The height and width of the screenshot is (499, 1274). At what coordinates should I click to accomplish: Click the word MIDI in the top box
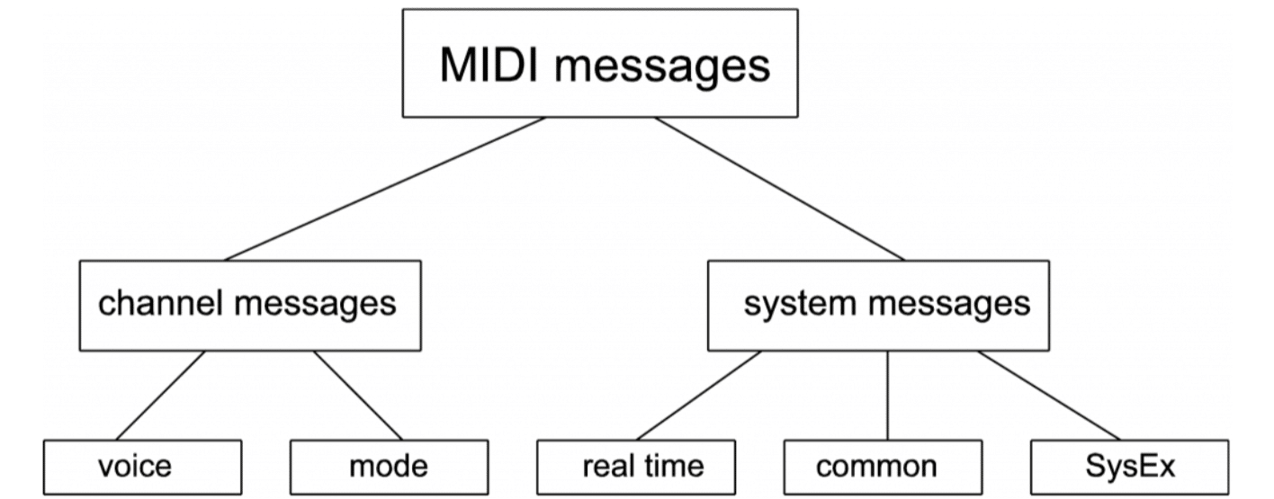489,65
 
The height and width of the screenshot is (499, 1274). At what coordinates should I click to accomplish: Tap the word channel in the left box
160,302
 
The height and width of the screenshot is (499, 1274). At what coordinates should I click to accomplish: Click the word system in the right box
800,306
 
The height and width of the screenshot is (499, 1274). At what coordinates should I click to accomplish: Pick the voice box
143,468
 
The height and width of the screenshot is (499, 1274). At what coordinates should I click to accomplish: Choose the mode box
389,468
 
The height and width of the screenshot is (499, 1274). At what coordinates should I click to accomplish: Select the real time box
636,468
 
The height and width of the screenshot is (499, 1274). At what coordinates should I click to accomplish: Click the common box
883,468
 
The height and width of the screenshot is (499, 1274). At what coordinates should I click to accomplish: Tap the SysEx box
1129,468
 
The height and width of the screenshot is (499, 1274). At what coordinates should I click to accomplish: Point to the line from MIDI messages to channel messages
385,189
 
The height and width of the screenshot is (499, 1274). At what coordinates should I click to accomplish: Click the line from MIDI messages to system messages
779,189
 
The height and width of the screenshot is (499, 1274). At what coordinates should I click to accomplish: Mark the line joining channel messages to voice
160,396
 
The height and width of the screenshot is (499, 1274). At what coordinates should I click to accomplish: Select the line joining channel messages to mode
358,396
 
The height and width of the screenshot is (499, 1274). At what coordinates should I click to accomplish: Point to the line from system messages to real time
698,396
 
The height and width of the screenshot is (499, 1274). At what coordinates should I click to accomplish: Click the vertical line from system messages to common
887,396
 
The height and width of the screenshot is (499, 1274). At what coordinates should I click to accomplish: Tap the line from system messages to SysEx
1049,396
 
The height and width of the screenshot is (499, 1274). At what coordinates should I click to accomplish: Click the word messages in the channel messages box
315,306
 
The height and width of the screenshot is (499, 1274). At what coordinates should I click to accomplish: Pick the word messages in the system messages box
949,306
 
